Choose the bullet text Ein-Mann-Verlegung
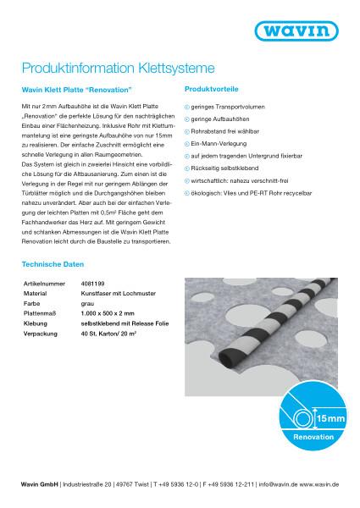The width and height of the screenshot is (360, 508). (222, 144)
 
